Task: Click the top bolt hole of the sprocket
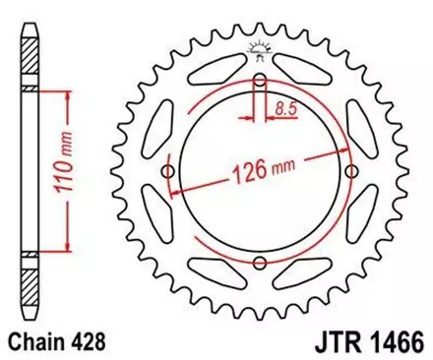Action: pos(260,80)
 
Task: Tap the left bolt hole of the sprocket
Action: pos(167,172)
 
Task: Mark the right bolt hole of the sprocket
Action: pos(352,172)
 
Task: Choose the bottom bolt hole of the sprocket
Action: pos(260,264)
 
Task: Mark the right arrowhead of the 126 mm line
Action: pos(347,149)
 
